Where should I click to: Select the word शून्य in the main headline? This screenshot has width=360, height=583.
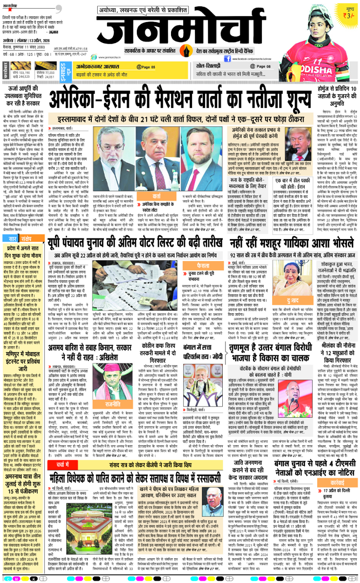(x=283, y=97)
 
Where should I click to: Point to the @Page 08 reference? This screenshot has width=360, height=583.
(x=262, y=67)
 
